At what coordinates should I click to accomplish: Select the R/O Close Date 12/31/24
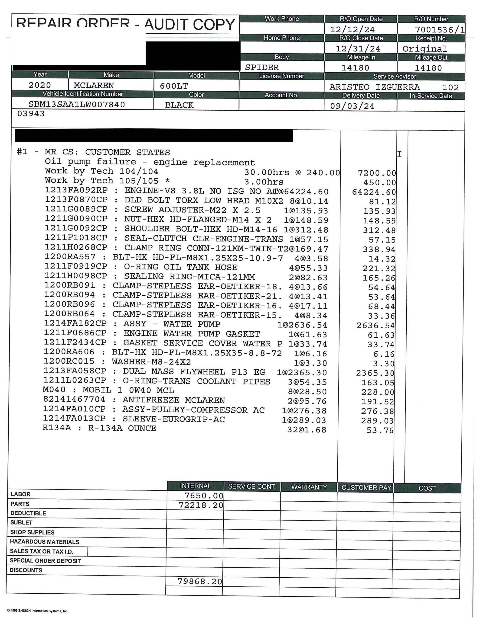[x=358, y=48]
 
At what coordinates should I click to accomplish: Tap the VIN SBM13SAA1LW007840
[x=77, y=105]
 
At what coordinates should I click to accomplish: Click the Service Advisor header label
[x=395, y=76]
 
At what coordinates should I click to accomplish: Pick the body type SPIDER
[x=261, y=67]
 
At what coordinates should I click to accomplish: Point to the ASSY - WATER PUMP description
[x=172, y=324]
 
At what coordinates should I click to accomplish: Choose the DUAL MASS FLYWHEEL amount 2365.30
[x=375, y=373]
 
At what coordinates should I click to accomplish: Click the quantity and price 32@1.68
[x=307, y=430]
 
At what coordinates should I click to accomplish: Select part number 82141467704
[x=74, y=400]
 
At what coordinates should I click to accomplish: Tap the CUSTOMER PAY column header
[x=366, y=487]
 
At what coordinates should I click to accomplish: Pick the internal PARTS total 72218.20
[x=201, y=505]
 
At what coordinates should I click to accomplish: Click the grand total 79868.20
[x=200, y=581]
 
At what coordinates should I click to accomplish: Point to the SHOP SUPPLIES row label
[x=32, y=532]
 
